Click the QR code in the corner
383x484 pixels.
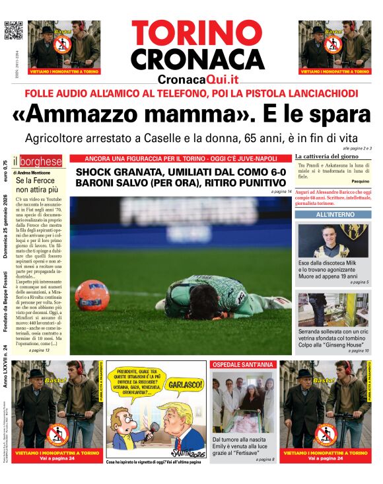click(13, 30)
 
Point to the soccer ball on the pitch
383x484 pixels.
click(92, 294)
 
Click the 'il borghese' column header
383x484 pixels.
click(41, 161)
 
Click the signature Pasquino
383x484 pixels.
click(361, 181)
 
